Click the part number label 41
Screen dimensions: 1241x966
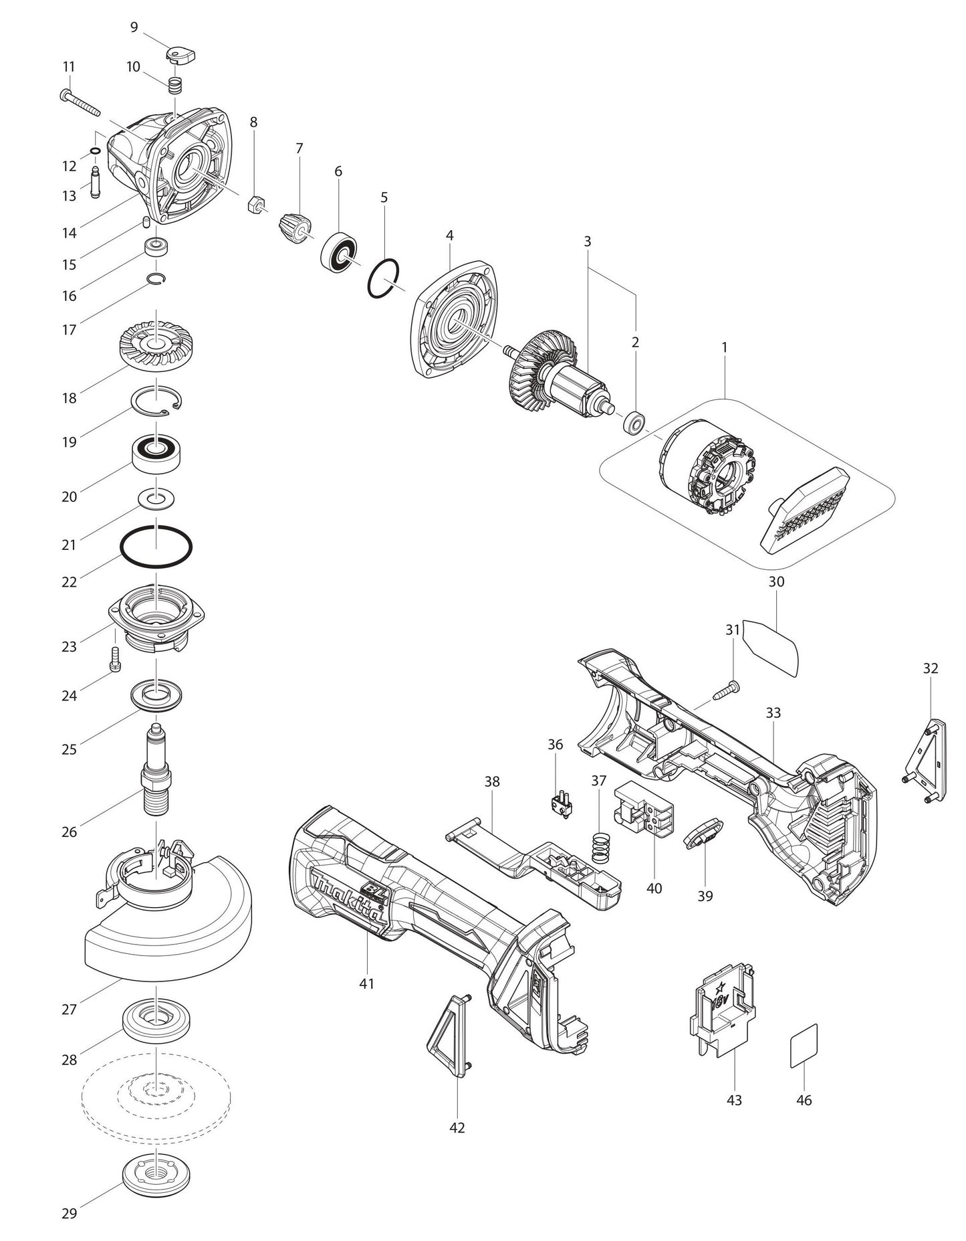pos(366,983)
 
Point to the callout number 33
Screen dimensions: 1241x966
pos(773,712)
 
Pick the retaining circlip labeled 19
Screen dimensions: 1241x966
pos(157,401)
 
